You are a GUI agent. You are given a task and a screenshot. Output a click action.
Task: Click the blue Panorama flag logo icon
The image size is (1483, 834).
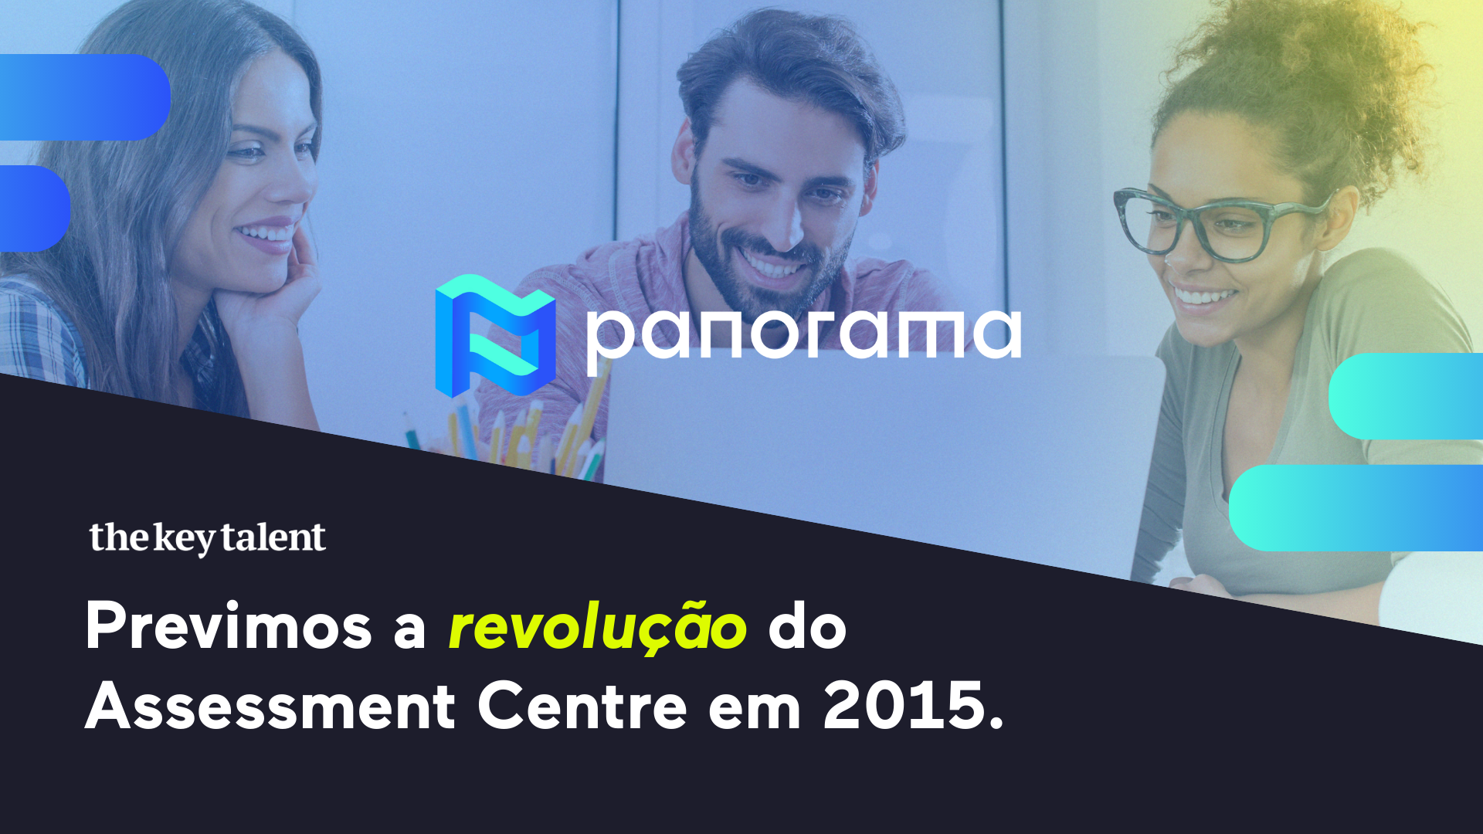495,336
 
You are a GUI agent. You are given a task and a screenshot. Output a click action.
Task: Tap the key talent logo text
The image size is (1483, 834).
207,538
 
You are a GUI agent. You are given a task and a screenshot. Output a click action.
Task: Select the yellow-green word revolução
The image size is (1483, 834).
598,627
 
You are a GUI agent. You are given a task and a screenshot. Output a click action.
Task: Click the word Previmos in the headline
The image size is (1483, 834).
229,626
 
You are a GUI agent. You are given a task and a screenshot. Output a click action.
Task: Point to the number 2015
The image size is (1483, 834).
913,706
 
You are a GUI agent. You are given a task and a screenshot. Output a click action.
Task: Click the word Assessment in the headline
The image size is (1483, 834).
270,706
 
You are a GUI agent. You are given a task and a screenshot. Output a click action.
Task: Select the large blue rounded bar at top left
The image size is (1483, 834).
85,97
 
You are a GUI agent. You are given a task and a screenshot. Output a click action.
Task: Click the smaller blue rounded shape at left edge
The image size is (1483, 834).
35,208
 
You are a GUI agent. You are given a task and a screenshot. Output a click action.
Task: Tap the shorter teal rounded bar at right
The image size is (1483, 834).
1406,396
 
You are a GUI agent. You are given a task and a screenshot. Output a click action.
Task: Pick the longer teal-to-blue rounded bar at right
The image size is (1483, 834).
1356,507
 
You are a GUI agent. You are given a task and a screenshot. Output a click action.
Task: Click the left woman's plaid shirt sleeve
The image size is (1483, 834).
39,332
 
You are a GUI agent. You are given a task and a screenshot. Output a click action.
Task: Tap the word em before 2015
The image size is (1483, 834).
755,712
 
